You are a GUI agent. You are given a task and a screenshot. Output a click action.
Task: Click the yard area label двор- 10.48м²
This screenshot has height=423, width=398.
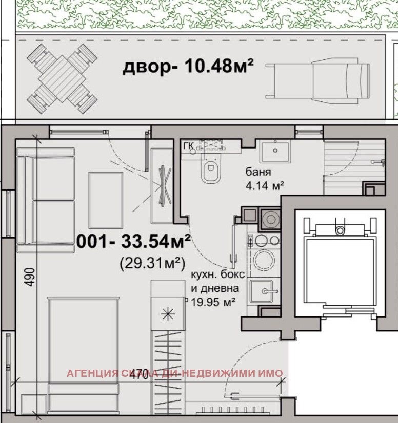tap(188, 67)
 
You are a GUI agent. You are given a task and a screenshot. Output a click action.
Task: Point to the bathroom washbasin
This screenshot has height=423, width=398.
tap(274, 152)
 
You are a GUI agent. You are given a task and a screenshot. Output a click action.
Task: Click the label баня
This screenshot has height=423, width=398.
tap(257, 173)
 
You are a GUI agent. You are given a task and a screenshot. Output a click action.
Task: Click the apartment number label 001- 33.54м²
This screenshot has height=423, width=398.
tap(133, 241)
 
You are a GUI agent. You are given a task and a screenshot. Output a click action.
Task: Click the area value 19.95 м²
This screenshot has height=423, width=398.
tap(213, 302)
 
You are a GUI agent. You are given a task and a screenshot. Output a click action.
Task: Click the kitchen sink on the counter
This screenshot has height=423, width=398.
tap(265, 291)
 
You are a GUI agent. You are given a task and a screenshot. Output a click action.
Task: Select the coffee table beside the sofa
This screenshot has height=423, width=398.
tap(106, 200)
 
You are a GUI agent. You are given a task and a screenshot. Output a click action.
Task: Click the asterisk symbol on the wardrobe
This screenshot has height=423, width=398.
tap(168, 313)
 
